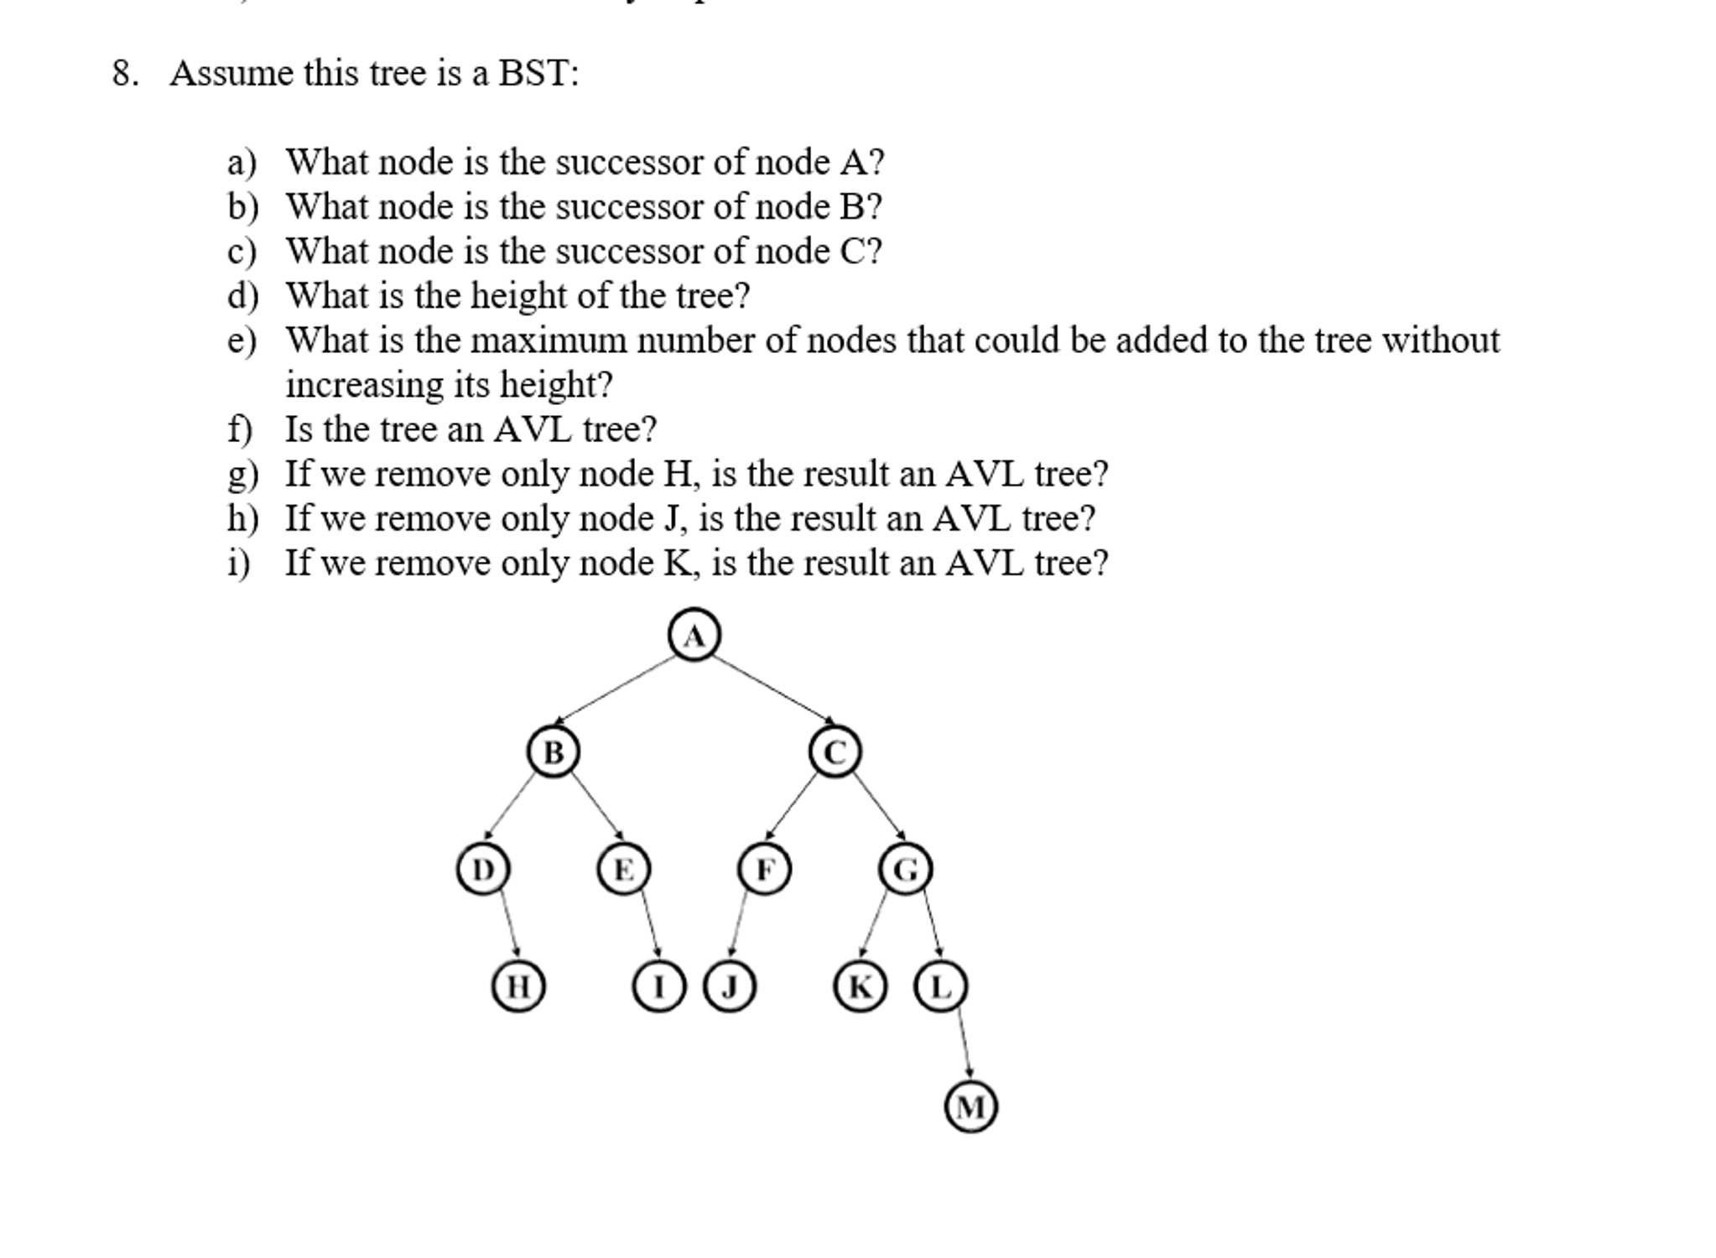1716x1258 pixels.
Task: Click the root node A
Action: (x=694, y=635)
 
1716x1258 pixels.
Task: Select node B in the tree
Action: (x=553, y=751)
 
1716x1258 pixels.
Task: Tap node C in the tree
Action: (x=835, y=751)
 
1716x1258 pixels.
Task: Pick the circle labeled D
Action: (x=482, y=869)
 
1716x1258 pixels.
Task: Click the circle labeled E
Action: (x=623, y=869)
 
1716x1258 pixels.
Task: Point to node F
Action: (x=764, y=869)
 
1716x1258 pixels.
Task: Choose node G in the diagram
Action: (x=905, y=869)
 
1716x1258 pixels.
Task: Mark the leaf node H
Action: (x=517, y=986)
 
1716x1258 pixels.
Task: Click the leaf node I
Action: (x=658, y=986)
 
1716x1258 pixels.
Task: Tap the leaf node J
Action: (x=729, y=986)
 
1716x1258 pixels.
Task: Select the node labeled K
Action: (x=860, y=986)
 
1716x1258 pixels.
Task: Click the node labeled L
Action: (x=940, y=986)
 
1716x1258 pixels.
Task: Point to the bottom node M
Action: (x=970, y=1107)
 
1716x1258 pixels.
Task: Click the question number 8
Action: (x=124, y=74)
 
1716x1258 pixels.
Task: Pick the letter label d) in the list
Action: (x=242, y=296)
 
